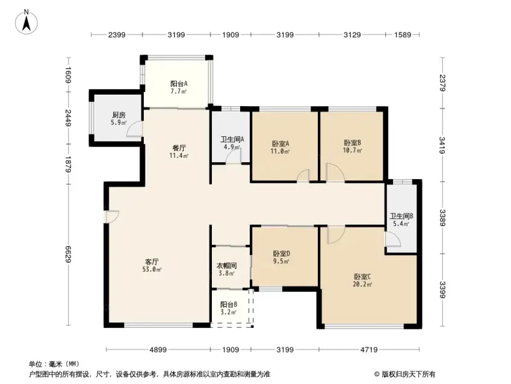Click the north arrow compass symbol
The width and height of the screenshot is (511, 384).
click(x=26, y=22)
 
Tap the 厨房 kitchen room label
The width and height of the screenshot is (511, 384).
click(x=119, y=115)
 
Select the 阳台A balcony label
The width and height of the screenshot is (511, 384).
click(x=179, y=84)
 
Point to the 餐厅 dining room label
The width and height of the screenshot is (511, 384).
click(x=179, y=148)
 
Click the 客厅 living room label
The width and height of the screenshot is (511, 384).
click(x=152, y=262)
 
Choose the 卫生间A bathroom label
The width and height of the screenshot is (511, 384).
click(x=232, y=139)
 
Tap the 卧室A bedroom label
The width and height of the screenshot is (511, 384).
click(x=280, y=143)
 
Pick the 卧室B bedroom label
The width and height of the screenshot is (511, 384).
click(x=352, y=143)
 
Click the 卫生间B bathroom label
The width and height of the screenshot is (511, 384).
click(x=401, y=216)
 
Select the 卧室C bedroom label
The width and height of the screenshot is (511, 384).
click(x=362, y=277)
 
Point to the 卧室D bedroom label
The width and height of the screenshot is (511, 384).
click(x=282, y=253)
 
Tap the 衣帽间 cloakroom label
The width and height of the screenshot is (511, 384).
click(x=227, y=266)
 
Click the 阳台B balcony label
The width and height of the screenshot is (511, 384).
click(x=229, y=304)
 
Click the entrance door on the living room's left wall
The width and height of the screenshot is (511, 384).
click(x=112, y=217)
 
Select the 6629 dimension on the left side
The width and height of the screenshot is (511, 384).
click(x=68, y=254)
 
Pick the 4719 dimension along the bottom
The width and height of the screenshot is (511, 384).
click(x=369, y=350)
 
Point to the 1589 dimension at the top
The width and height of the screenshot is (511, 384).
click(x=403, y=34)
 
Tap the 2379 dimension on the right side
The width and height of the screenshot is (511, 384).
click(x=442, y=83)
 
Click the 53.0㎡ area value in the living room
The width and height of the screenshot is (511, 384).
click(x=152, y=269)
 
